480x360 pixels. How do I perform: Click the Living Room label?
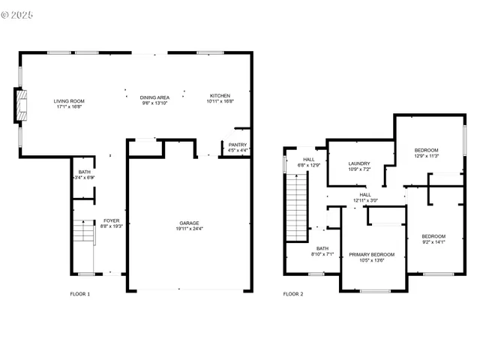(68, 101)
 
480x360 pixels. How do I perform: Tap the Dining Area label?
(154, 97)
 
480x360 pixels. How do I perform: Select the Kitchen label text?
(220, 96)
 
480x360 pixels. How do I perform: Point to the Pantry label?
(238, 145)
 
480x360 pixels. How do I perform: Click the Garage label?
(189, 223)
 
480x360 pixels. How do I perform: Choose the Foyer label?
(112, 220)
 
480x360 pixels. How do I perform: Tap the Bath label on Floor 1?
(85, 172)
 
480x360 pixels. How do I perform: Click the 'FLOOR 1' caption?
(79, 294)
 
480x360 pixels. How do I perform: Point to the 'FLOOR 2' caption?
(293, 294)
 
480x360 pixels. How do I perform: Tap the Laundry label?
(360, 163)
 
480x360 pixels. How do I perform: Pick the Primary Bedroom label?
(371, 255)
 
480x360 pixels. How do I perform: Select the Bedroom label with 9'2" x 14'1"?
(433, 237)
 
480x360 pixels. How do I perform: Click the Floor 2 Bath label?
(322, 248)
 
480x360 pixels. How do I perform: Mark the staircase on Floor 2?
(297, 206)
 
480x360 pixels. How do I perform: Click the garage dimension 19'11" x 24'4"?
(189, 228)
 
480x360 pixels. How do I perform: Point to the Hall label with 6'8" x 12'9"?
(310, 160)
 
